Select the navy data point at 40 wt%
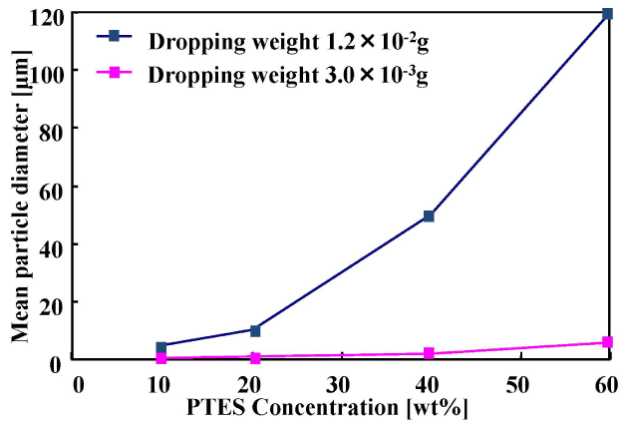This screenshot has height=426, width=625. point(429,215)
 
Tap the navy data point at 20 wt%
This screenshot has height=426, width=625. point(255,329)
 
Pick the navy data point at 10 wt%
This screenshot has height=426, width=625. point(161,347)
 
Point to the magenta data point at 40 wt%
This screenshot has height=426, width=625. point(429,353)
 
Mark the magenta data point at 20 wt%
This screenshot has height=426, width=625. point(255,357)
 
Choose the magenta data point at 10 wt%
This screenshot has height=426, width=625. point(161,358)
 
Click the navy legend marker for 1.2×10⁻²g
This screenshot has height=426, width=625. point(114,36)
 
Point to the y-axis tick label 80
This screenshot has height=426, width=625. point(52,130)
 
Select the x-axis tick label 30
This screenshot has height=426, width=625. point(340,385)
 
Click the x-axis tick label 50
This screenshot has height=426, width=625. point(516,385)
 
